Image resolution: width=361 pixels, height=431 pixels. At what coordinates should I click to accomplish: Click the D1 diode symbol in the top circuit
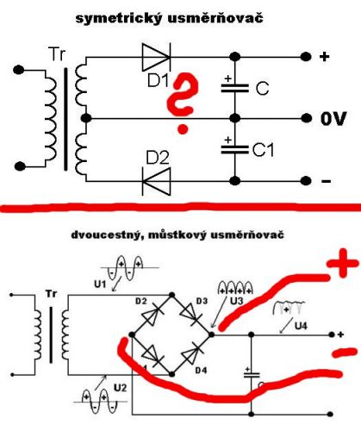pyautogui.click(x=156, y=57)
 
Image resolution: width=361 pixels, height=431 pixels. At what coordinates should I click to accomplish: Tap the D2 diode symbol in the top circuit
pyautogui.click(x=157, y=181)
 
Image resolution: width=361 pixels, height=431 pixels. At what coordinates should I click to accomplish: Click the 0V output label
pyautogui.click(x=333, y=118)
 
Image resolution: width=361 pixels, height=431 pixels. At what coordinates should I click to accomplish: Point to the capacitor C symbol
pyautogui.click(x=235, y=88)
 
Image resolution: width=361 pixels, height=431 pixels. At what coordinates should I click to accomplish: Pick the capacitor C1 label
pyautogui.click(x=263, y=150)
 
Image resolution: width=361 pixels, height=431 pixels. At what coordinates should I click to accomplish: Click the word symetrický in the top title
pyautogui.click(x=118, y=19)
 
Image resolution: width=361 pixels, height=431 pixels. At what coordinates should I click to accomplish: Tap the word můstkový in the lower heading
pyautogui.click(x=176, y=235)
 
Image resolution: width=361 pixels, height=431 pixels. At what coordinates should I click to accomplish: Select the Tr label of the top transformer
pyautogui.click(x=57, y=54)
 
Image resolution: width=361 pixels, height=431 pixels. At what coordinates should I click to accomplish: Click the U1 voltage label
pyautogui.click(x=100, y=284)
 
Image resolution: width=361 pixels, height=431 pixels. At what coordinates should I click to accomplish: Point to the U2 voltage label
pyautogui.click(x=120, y=388)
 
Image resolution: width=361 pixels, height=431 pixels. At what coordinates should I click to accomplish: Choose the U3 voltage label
pyautogui.click(x=237, y=301)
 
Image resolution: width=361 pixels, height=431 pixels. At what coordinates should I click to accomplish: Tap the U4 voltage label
pyautogui.click(x=301, y=326)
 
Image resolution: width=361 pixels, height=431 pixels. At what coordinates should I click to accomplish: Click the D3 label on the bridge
pyautogui.click(x=202, y=301)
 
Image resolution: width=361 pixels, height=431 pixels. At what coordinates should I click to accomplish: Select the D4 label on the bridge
pyautogui.click(x=201, y=371)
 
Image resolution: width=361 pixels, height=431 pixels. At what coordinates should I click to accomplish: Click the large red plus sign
pyautogui.click(x=343, y=264)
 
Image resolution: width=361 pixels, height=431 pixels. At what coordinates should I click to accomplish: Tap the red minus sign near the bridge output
pyautogui.click(x=345, y=353)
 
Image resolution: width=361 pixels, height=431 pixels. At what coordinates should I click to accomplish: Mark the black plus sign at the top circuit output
pyautogui.click(x=324, y=57)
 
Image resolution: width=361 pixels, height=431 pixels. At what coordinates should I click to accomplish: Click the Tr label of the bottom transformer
pyautogui.click(x=51, y=294)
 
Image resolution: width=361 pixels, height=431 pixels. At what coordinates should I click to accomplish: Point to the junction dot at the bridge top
pyautogui.click(x=171, y=295)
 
